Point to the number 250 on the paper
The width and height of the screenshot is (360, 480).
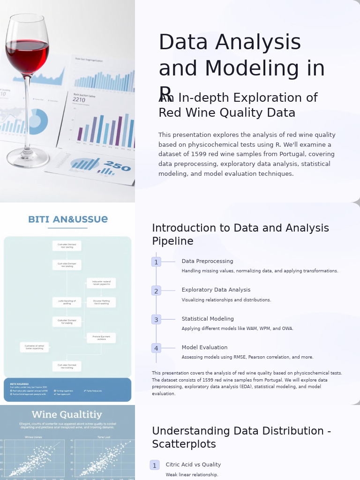(117, 165)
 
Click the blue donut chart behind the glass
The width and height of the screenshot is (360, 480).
(37, 121)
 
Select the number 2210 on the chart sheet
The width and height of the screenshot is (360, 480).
(79, 100)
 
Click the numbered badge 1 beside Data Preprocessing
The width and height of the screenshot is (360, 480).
(156, 262)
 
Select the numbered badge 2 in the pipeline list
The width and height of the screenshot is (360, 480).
(156, 291)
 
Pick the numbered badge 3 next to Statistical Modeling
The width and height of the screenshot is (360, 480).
(156, 320)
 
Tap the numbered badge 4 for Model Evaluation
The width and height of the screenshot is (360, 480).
(156, 348)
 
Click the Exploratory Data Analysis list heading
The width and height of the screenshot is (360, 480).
(216, 290)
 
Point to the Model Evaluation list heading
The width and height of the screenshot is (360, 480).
(204, 347)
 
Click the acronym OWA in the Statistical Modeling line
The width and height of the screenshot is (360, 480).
(287, 329)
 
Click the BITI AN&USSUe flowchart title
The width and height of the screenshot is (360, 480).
(67, 219)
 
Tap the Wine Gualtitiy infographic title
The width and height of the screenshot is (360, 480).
(67, 415)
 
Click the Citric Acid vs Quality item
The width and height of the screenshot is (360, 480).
(193, 465)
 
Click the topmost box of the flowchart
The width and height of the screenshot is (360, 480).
(67, 246)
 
